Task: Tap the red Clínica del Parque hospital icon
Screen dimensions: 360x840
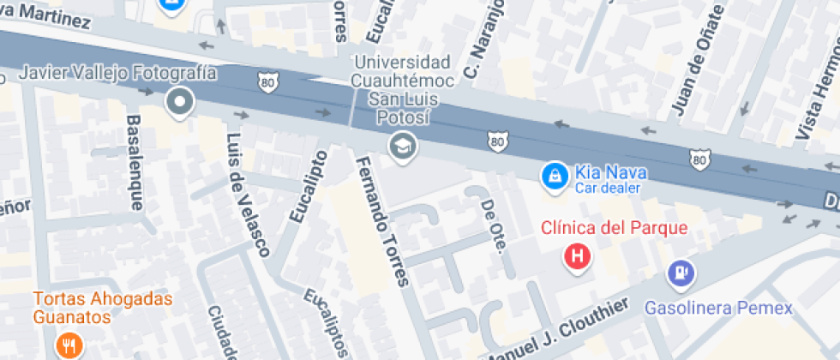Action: coord(579,255)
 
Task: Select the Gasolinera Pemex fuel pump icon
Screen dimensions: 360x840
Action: coord(682,273)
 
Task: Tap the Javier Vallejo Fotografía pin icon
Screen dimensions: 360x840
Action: coord(180,102)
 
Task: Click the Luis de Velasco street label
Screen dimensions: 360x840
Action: coord(248,195)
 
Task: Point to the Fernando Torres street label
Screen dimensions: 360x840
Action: coord(382,220)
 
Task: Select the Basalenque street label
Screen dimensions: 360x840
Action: coord(135,162)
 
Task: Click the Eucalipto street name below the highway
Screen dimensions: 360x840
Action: coord(309,186)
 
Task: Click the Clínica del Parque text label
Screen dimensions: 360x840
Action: coord(615,228)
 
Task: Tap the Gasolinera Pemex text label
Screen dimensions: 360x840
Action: coord(718,307)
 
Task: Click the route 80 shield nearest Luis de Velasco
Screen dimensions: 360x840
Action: coord(266,81)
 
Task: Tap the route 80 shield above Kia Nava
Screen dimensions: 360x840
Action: coord(496,140)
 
